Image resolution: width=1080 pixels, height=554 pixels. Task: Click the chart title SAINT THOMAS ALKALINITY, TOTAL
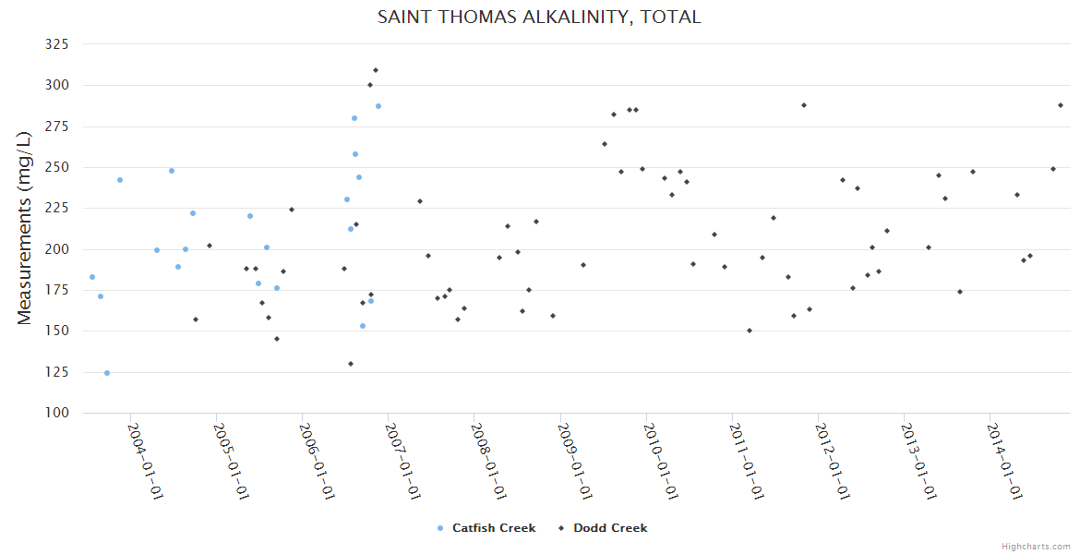539,17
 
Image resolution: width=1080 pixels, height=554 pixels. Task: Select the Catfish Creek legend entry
493,528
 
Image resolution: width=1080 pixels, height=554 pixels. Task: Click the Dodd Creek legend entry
609,528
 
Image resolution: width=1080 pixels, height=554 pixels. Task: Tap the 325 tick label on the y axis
57,44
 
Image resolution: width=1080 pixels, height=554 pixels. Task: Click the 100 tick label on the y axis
57,413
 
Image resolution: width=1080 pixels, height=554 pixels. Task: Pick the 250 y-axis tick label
57,167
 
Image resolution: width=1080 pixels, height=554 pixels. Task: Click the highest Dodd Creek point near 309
376,70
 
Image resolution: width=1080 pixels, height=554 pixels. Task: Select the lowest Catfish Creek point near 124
107,373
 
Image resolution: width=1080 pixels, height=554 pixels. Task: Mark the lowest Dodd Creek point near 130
351,364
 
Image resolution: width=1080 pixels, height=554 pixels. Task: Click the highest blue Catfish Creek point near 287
378,106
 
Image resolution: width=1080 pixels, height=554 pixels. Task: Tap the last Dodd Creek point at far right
1061,105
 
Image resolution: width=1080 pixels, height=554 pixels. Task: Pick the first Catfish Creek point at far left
92,277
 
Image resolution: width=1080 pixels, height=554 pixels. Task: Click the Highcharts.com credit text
1036,546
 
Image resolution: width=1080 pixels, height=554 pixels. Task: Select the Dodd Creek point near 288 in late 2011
804,105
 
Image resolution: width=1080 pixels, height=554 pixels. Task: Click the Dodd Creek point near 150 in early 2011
750,331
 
